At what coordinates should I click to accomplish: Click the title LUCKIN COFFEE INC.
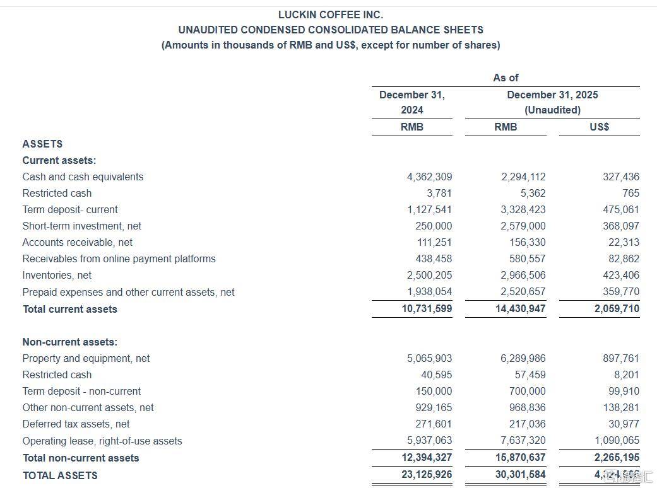click(x=330, y=14)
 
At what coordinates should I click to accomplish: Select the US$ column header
click(x=599, y=127)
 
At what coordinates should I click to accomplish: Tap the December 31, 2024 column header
click(x=411, y=102)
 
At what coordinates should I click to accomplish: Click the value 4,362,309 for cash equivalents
click(x=429, y=177)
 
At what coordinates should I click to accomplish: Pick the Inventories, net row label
click(x=57, y=275)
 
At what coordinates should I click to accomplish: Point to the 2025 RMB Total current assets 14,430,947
click(x=521, y=309)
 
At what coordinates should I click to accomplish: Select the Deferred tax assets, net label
click(x=76, y=424)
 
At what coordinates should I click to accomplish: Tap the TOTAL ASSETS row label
click(x=60, y=475)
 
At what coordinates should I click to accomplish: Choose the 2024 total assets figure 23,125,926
click(x=427, y=474)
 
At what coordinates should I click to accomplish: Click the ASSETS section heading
click(x=42, y=144)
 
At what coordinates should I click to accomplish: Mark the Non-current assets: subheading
click(x=69, y=342)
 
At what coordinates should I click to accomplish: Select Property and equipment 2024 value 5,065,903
click(x=429, y=358)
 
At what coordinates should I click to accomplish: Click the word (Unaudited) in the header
click(x=552, y=110)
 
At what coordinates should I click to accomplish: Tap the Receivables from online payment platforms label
click(x=119, y=259)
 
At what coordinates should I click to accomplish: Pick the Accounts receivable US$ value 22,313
click(x=624, y=242)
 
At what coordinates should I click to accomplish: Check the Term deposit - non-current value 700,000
click(x=527, y=391)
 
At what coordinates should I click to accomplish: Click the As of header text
click(x=506, y=78)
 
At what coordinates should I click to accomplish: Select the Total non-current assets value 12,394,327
click(x=427, y=457)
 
